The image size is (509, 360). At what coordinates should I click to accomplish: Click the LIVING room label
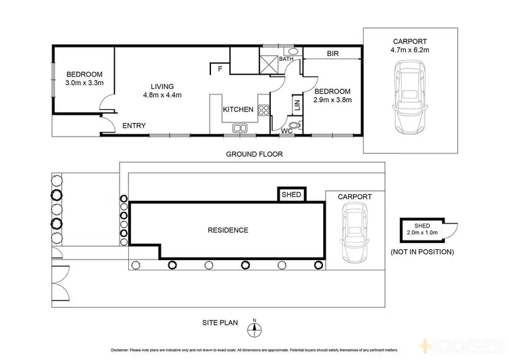pyautogui.click(x=162, y=86)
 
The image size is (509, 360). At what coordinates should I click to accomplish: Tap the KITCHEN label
pyautogui.click(x=238, y=109)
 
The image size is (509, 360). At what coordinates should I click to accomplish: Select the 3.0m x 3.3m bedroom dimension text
pyautogui.click(x=84, y=83)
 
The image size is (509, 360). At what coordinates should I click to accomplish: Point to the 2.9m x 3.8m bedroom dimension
pyautogui.click(x=333, y=100)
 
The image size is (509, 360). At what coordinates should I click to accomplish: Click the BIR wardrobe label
pyautogui.click(x=333, y=54)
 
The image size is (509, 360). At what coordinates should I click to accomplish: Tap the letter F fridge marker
pyautogui.click(x=219, y=69)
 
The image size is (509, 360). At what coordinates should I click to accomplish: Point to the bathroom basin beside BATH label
pyautogui.click(x=293, y=52)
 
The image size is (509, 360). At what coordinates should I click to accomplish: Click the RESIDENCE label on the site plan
pyautogui.click(x=227, y=230)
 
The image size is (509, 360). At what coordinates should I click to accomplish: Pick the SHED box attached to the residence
pyautogui.click(x=292, y=195)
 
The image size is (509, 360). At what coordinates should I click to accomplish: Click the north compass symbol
pyautogui.click(x=254, y=329)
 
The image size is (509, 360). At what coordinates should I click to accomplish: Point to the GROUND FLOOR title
pyautogui.click(x=254, y=154)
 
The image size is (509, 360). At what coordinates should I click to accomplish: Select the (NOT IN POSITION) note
pyautogui.click(x=422, y=251)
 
